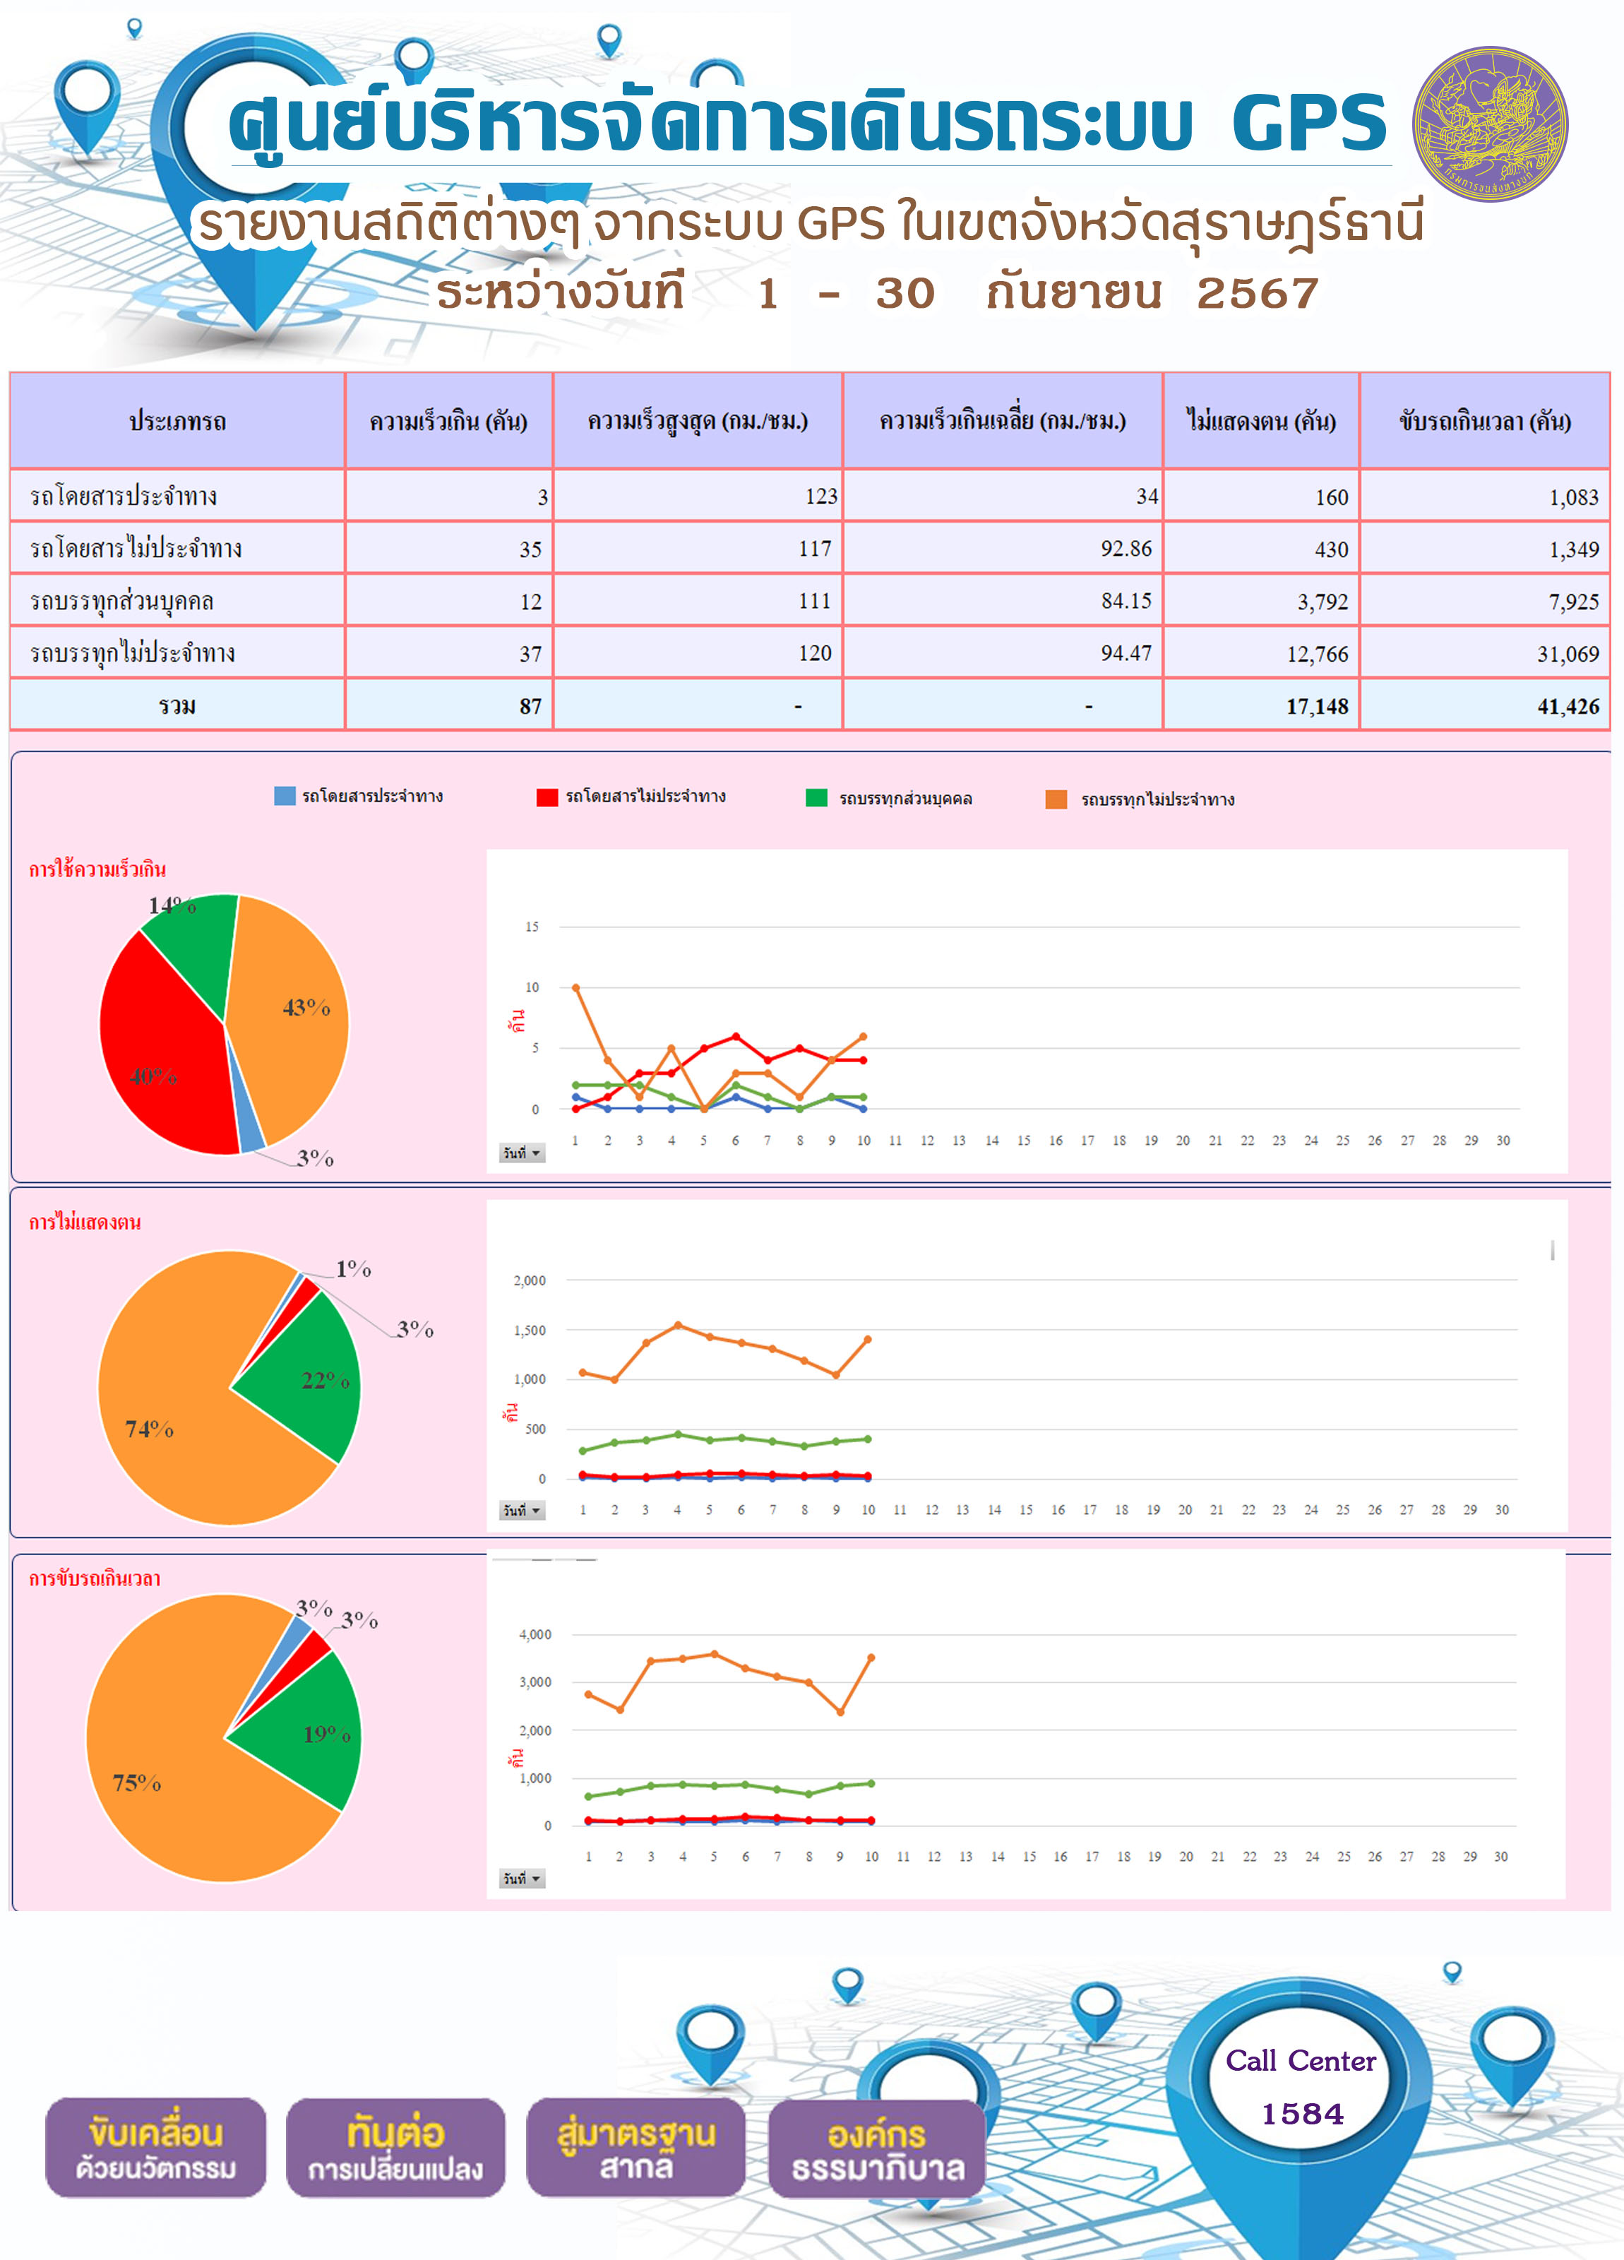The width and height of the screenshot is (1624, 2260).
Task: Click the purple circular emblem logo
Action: [1490, 124]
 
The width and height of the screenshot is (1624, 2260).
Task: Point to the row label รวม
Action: [177, 706]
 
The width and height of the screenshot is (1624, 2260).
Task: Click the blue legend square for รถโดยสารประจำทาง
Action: [285, 796]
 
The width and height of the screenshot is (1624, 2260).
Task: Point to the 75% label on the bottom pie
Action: [136, 1783]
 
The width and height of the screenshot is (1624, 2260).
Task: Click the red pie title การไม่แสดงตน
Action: [85, 1223]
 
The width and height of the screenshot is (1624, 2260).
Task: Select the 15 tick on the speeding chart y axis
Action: [532, 927]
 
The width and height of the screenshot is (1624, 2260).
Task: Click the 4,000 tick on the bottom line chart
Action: [535, 1634]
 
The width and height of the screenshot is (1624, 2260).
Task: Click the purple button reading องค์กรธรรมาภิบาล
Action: [878, 2148]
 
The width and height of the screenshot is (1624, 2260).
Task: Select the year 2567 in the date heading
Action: [1258, 293]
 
